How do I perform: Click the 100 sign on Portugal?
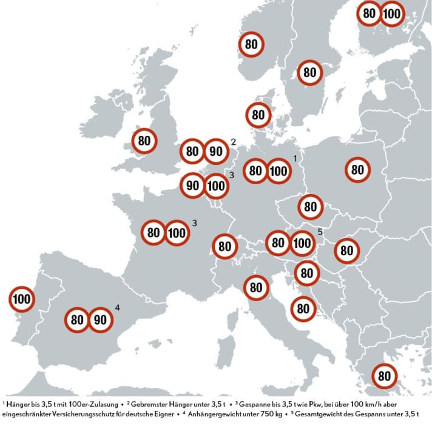22,299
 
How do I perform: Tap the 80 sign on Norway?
251,44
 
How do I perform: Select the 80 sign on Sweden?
310,73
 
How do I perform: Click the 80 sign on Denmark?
258,115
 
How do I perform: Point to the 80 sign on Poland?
358,170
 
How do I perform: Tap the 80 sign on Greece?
384,376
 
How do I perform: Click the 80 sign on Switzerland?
225,247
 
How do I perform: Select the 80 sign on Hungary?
346,250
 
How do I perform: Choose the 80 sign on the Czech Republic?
311,207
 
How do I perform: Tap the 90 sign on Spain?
101,319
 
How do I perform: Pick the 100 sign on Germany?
278,171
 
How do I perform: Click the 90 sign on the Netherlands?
216,151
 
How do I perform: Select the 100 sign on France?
177,233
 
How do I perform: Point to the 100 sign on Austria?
302,244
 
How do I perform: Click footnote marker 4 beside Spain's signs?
117,308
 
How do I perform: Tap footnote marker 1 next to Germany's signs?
295,158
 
